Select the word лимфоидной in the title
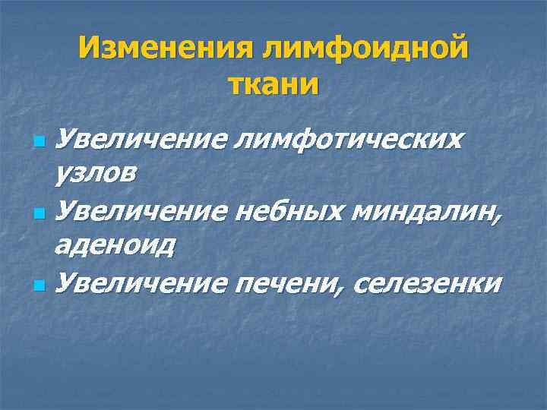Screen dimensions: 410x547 click(364, 50)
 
